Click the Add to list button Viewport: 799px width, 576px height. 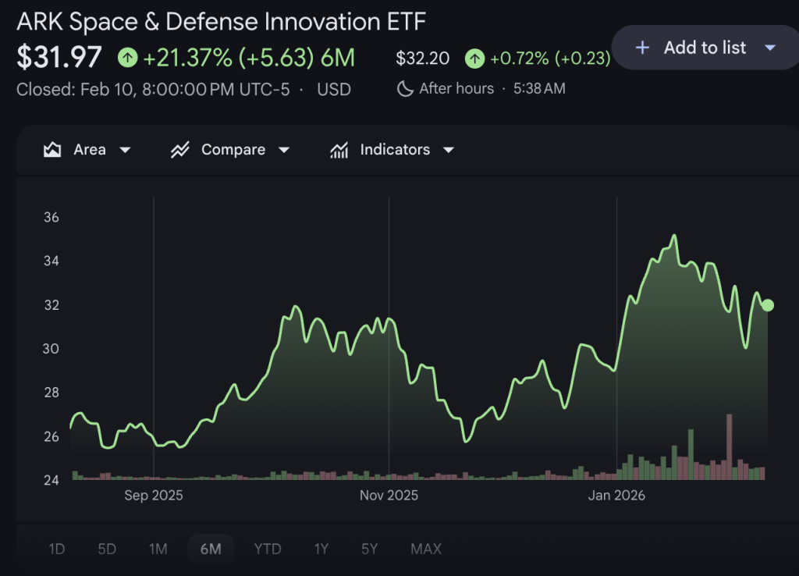(x=704, y=48)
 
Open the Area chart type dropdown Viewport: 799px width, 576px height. (x=87, y=149)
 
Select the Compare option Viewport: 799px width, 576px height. (x=230, y=149)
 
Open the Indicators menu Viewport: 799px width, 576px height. (x=392, y=149)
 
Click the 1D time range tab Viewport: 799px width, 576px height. (x=57, y=549)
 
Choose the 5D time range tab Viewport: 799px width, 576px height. (x=107, y=549)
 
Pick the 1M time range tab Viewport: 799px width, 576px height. (x=158, y=549)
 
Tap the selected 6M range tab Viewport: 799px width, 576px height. (x=211, y=549)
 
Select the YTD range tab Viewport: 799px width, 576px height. (x=268, y=549)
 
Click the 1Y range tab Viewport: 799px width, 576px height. (x=321, y=549)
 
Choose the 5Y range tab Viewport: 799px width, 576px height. (x=370, y=549)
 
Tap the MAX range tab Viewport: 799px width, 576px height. (x=426, y=549)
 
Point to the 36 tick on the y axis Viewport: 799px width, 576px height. (x=51, y=217)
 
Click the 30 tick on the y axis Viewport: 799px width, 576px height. (x=51, y=348)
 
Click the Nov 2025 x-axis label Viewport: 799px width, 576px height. (x=389, y=495)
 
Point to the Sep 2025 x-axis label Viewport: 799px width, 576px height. (x=154, y=495)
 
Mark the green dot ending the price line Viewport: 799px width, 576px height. (x=768, y=305)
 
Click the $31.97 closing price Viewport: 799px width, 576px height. (x=59, y=58)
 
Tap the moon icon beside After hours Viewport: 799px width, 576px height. (x=405, y=88)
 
